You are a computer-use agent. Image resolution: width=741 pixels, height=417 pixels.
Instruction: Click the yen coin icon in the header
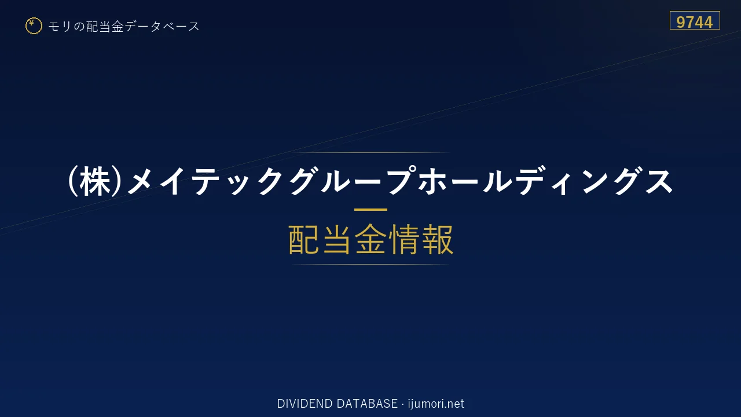click(34, 26)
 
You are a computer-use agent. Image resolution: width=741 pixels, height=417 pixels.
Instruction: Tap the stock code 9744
click(694, 22)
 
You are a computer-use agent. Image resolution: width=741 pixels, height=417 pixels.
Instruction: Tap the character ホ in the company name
click(432, 181)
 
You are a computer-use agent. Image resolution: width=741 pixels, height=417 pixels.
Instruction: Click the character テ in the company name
click(207, 181)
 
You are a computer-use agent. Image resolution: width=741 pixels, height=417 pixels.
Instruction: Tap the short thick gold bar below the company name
click(370, 210)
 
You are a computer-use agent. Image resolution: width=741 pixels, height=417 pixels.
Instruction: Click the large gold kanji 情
click(403, 239)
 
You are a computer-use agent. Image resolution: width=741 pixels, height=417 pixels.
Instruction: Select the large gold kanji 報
click(437, 239)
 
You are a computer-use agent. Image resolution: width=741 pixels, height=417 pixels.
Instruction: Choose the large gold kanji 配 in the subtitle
click(304, 239)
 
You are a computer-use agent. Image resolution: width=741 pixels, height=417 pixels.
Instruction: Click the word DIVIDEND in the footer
click(305, 404)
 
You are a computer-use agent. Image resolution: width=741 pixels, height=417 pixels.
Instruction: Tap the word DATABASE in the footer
click(367, 404)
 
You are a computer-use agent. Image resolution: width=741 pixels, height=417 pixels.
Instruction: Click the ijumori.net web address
click(436, 404)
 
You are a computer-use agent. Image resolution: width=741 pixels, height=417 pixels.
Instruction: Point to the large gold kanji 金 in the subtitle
click(370, 239)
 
